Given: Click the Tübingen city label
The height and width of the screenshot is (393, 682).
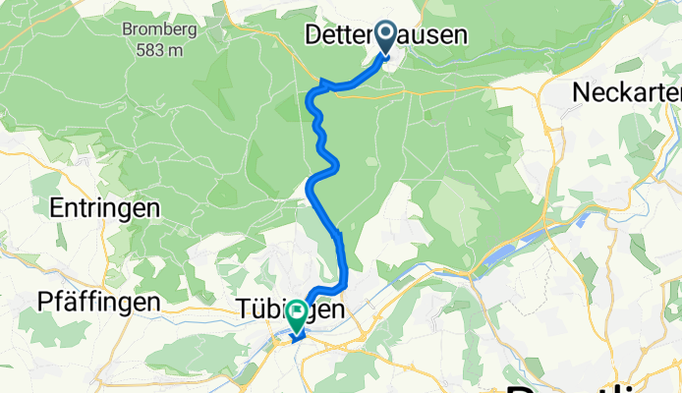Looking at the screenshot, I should [x=291, y=309].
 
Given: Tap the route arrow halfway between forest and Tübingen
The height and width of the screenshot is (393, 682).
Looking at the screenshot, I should [x=338, y=233].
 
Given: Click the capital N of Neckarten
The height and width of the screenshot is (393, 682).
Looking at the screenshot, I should [x=582, y=91].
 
